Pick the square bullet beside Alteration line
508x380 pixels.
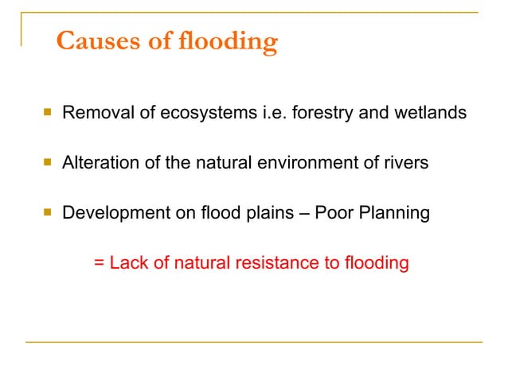pos(47,163)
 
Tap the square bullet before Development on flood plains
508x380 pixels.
pos(47,213)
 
